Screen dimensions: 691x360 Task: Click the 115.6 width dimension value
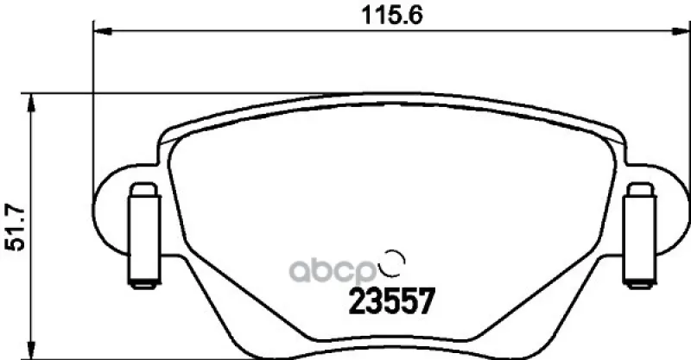391,16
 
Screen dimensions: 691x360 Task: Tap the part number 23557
392,301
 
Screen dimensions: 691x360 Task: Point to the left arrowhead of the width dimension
103,31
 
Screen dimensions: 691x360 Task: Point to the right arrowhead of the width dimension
680,31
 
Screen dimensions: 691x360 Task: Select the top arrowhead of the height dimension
30,103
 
